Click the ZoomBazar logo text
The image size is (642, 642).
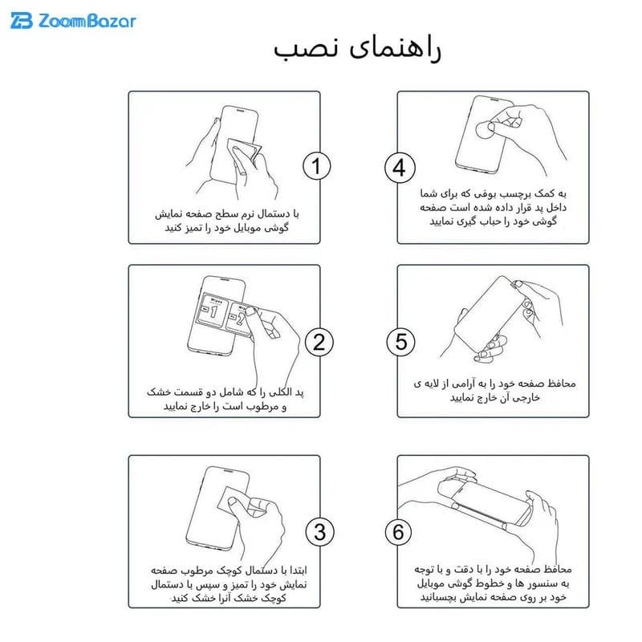tap(87, 21)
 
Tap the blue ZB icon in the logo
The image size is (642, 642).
tap(22, 21)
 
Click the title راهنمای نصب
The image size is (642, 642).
tap(357, 49)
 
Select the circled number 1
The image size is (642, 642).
tap(316, 166)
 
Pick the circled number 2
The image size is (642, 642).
tap(319, 342)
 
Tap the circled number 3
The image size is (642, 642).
tap(319, 531)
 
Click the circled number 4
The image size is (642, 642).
tap(400, 168)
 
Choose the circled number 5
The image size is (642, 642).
tap(400, 342)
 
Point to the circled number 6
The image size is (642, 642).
tap(398, 532)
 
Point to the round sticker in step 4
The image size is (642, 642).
tap(486, 129)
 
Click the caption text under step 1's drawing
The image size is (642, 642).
tap(227, 221)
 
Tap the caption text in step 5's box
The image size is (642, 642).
tap(494, 390)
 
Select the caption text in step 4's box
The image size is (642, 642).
tap(494, 207)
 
